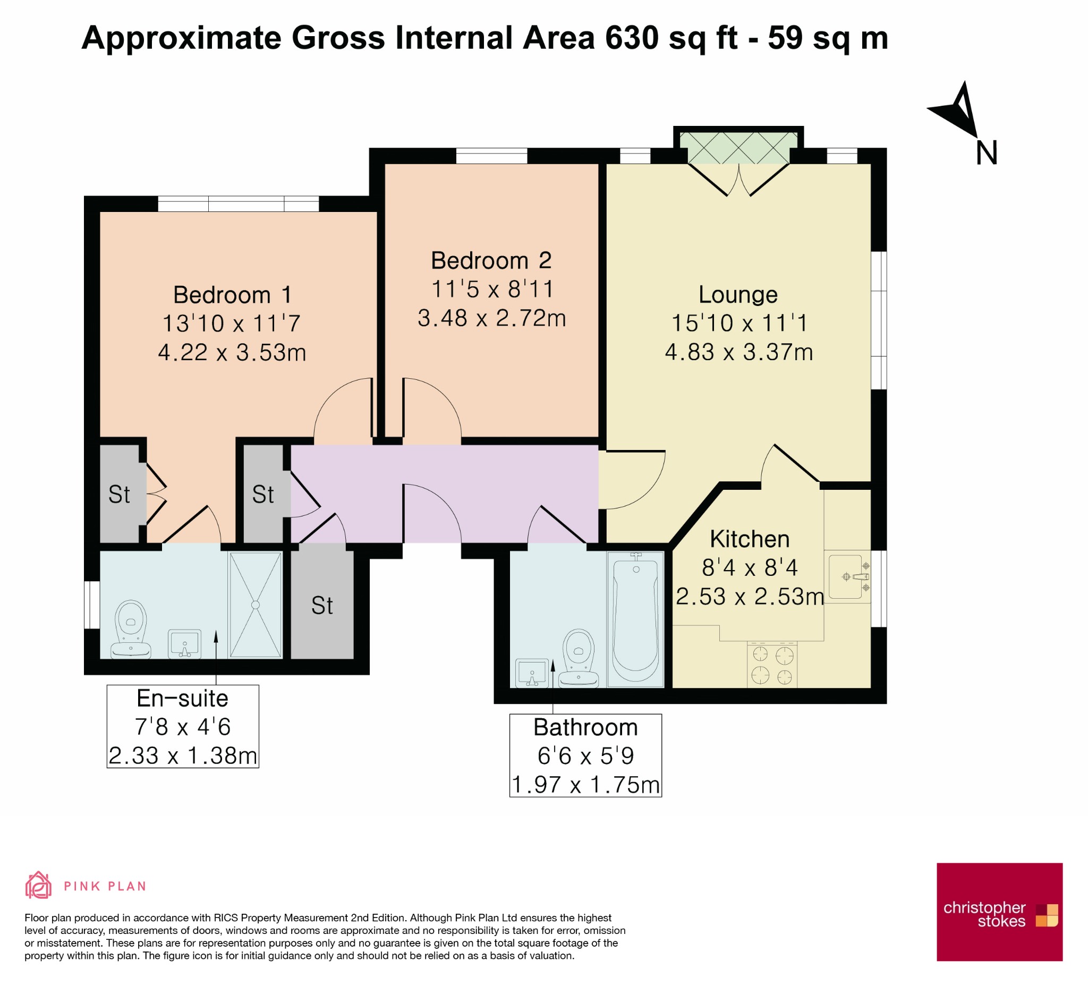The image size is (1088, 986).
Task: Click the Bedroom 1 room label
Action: click(x=233, y=295)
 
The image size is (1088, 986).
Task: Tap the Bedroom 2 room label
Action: click(x=491, y=261)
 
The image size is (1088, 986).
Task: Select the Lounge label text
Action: click(x=738, y=295)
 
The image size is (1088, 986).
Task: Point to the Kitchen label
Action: click(x=750, y=539)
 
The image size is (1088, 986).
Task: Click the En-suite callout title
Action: click(x=182, y=699)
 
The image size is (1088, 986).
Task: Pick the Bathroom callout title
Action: click(x=585, y=727)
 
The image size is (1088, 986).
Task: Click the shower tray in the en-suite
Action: click(x=256, y=605)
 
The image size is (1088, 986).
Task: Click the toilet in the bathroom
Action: click(x=578, y=658)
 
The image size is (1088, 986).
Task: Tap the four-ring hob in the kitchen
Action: click(x=772, y=665)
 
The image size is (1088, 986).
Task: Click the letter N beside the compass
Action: click(x=987, y=152)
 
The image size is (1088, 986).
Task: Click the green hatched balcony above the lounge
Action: click(x=738, y=147)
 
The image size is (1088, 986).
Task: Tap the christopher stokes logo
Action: click(x=999, y=912)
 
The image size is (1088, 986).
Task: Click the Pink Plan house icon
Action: click(x=38, y=885)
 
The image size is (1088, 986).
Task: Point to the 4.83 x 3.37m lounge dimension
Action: click(x=738, y=352)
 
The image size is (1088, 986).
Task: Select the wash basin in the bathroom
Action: click(x=532, y=673)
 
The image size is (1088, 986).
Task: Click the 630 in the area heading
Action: click(x=632, y=38)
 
